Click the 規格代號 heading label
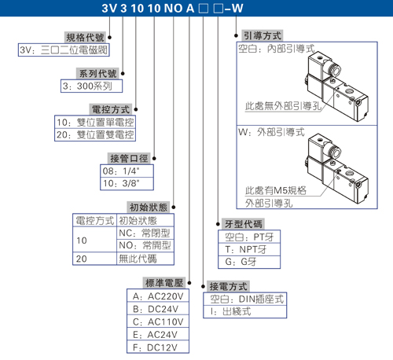click(x=85, y=38)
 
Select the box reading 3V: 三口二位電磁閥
click(x=64, y=50)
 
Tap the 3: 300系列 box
click(x=91, y=86)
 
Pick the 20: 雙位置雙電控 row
click(x=95, y=134)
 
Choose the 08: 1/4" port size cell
click(x=127, y=171)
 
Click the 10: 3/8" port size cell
click(x=127, y=183)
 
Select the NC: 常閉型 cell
click(x=145, y=233)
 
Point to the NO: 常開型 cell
click(x=145, y=245)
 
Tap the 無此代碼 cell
click(x=145, y=259)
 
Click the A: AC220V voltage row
click(x=158, y=296)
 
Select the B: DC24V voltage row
click(x=158, y=309)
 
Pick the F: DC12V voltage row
click(x=158, y=347)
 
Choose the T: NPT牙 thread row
click(x=249, y=249)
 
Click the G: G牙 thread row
click(x=249, y=262)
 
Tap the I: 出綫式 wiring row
click(x=245, y=311)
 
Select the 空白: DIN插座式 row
click(x=245, y=299)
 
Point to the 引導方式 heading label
click(x=263, y=35)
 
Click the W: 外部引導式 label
click(x=271, y=132)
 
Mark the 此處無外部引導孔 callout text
click(x=283, y=106)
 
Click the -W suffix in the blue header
click(x=233, y=8)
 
